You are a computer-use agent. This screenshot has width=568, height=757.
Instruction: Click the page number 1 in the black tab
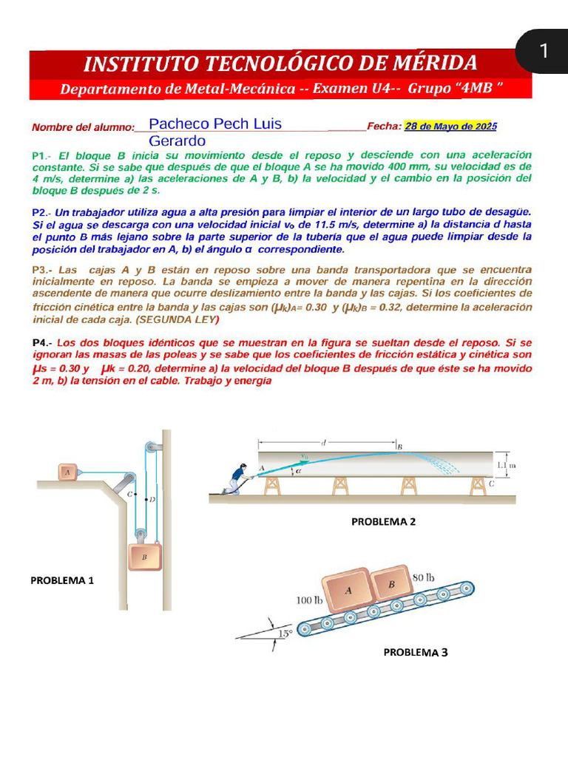tap(544, 51)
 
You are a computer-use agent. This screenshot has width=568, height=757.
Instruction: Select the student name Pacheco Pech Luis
tap(215, 123)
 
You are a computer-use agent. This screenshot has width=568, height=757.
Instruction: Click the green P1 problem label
tap(40, 156)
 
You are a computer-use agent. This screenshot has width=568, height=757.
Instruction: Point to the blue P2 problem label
tap(40, 212)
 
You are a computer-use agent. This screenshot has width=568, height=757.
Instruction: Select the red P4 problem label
tap(40, 343)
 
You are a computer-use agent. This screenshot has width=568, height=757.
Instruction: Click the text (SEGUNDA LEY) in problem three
tap(177, 319)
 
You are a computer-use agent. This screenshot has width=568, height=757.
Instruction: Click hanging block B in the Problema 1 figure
tap(146, 557)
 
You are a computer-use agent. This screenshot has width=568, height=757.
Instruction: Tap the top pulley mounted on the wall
tap(152, 447)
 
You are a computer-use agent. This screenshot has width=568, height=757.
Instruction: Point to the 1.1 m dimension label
tap(507, 465)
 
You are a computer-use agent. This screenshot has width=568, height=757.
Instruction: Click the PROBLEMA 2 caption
tap(383, 521)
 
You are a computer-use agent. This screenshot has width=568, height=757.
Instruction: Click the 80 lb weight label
tap(423, 577)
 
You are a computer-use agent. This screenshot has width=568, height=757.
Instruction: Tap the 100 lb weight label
tap(309, 600)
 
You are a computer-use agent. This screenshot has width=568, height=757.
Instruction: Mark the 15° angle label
tap(284, 633)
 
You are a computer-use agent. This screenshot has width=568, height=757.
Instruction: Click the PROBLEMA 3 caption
tap(415, 652)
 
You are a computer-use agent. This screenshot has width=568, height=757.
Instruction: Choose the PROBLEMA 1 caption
tap(62, 580)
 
